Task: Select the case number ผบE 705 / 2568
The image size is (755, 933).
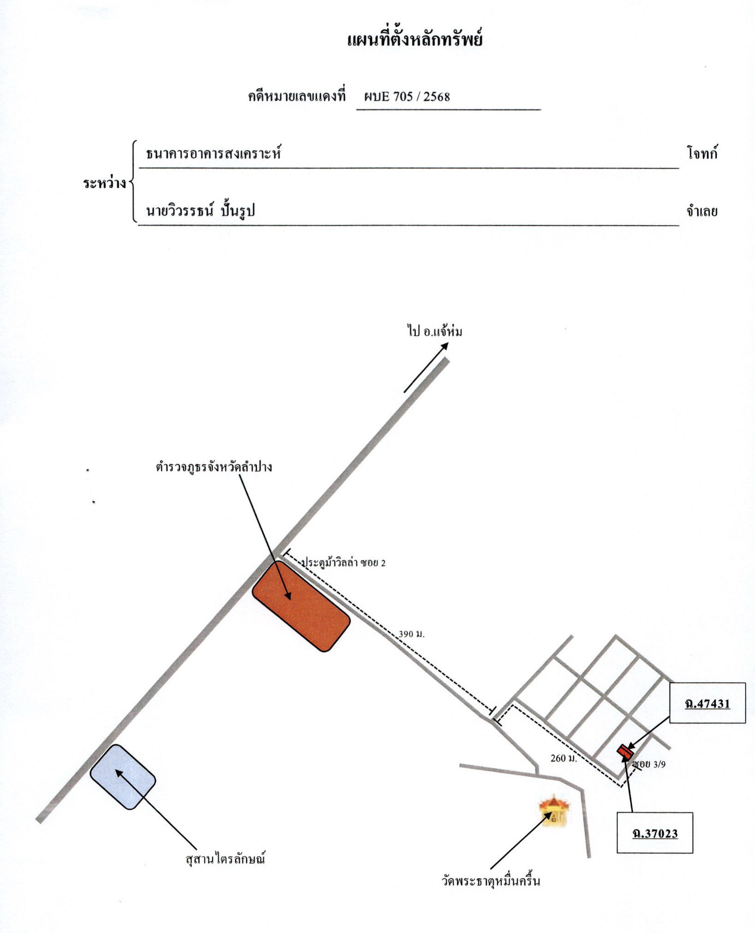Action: pyautogui.click(x=407, y=97)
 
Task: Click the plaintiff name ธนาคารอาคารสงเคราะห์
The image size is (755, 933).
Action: pyautogui.click(x=213, y=153)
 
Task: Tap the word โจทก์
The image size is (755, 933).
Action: pyautogui.click(x=703, y=154)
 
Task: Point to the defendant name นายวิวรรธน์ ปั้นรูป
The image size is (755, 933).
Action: pyautogui.click(x=200, y=211)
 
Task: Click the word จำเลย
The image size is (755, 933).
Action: pyautogui.click(x=702, y=212)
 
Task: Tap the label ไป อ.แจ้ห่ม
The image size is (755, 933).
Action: pyautogui.click(x=435, y=331)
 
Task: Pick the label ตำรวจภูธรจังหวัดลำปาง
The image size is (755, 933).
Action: pyautogui.click(x=214, y=467)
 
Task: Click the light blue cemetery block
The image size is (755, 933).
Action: pyautogui.click(x=122, y=777)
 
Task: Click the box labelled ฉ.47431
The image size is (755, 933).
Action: pyautogui.click(x=707, y=703)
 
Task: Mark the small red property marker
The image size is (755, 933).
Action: pyautogui.click(x=625, y=751)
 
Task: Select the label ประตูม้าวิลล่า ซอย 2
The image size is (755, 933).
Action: pyautogui.click(x=343, y=563)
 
